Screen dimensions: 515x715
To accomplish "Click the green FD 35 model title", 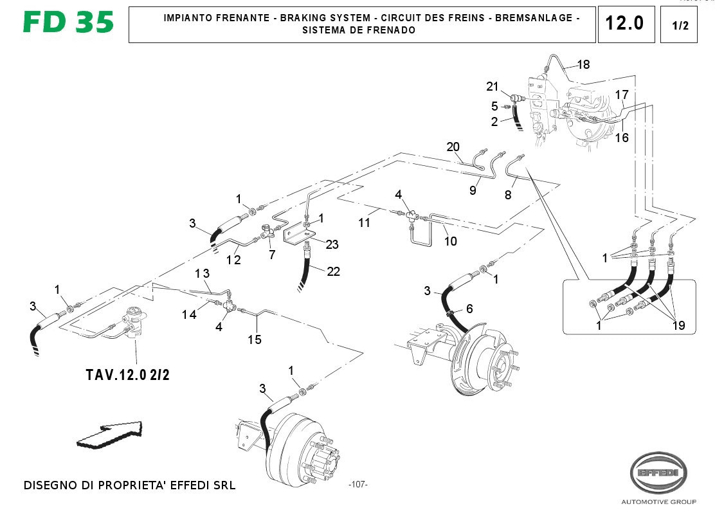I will (x=68, y=23).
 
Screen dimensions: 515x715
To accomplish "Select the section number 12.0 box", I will (x=626, y=24).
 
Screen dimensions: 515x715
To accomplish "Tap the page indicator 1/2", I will (x=679, y=26).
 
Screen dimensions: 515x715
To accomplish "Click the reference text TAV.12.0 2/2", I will (x=127, y=375).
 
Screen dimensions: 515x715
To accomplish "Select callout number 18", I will (x=583, y=64).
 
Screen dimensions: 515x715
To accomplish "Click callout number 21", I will (x=493, y=87).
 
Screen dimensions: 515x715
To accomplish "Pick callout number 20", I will (x=454, y=147).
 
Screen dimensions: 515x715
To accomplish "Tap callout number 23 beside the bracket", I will (x=332, y=244).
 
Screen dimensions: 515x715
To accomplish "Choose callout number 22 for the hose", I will (x=333, y=272).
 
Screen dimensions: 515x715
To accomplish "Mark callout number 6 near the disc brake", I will (x=469, y=309).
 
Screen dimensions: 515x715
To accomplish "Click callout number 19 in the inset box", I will (x=678, y=325).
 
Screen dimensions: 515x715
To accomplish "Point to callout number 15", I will (x=255, y=339).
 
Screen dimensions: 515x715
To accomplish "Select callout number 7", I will (x=272, y=255).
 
